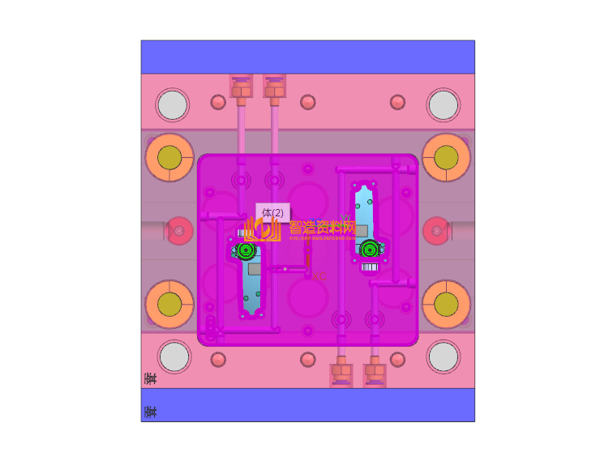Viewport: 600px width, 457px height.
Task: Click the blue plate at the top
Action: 307,57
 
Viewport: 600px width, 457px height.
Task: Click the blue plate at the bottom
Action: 307,404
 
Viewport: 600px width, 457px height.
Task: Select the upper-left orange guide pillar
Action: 169,157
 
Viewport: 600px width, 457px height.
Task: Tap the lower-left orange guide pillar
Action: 169,304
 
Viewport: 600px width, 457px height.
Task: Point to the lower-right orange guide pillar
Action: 446,304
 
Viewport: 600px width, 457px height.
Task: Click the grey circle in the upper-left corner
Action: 173,105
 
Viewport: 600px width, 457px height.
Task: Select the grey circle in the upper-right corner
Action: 444,105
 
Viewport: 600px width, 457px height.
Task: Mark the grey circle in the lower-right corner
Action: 444,357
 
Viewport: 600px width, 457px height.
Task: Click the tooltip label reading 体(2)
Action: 272,212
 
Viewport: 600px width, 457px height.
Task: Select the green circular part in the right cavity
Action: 370,249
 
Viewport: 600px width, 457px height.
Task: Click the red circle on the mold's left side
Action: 179,231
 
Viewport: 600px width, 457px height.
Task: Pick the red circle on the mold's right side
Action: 437,231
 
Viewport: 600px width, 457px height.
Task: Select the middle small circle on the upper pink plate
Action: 308,102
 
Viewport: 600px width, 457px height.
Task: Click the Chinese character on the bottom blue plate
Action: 150,412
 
